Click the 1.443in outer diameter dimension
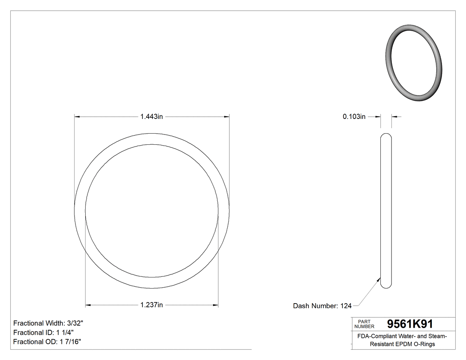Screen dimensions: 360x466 [x=152, y=117]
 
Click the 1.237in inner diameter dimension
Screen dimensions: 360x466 [x=152, y=305]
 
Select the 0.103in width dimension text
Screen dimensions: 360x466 [x=354, y=117]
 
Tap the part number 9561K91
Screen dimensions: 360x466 [x=410, y=324]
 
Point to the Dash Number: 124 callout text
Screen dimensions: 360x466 [x=322, y=306]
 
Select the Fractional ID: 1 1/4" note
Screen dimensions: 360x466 [x=43, y=332]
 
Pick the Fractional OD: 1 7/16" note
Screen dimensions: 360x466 [x=47, y=342]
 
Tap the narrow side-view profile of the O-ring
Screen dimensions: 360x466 [x=386, y=210]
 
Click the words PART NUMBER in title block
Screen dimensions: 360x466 [x=364, y=324]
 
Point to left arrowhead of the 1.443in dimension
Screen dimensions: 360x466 [x=77, y=117]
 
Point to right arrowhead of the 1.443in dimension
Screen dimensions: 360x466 [x=227, y=117]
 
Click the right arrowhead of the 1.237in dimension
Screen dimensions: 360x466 [x=216, y=305]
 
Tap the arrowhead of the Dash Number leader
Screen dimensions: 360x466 [x=379, y=280]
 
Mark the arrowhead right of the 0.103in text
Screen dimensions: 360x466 [x=394, y=117]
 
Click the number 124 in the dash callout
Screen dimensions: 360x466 [x=346, y=306]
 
